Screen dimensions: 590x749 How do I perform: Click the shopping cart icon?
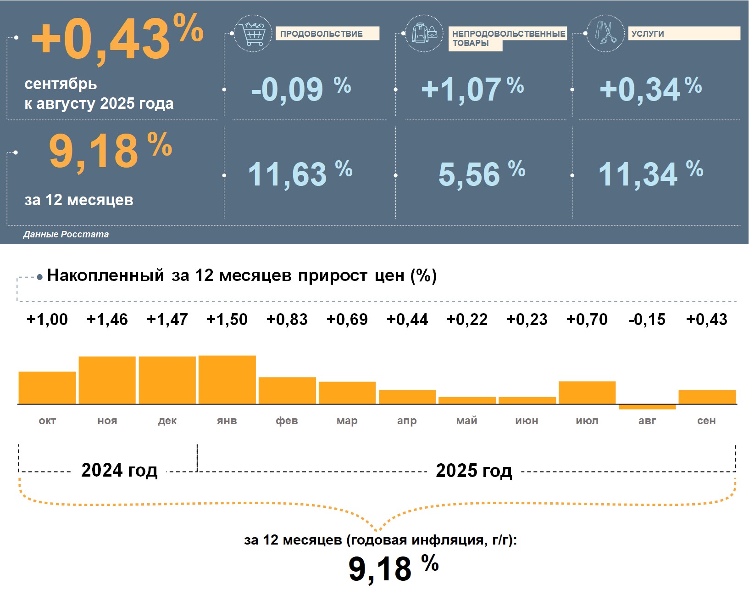pyautogui.click(x=252, y=33)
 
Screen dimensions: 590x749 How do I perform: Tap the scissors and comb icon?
pyautogui.click(x=605, y=33)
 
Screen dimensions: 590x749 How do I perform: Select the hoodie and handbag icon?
pyautogui.click(x=424, y=33)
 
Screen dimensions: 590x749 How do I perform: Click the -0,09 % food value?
pyautogui.click(x=300, y=89)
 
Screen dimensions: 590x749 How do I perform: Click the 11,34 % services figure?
pyautogui.click(x=650, y=174)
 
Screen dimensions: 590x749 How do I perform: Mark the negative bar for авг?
pyautogui.click(x=647, y=407)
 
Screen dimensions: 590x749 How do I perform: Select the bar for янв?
pyautogui.click(x=227, y=380)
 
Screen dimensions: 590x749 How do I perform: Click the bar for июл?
pyautogui.click(x=587, y=393)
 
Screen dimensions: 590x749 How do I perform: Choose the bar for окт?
pyautogui.click(x=47, y=388)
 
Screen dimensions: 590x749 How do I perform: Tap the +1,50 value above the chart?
pyautogui.click(x=227, y=319)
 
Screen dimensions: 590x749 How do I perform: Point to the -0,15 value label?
pyautogui.click(x=647, y=319)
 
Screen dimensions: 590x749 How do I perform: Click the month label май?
pyautogui.click(x=467, y=421)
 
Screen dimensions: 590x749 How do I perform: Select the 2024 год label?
pyautogui.click(x=119, y=470)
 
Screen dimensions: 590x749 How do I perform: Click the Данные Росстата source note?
pyautogui.click(x=66, y=234)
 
